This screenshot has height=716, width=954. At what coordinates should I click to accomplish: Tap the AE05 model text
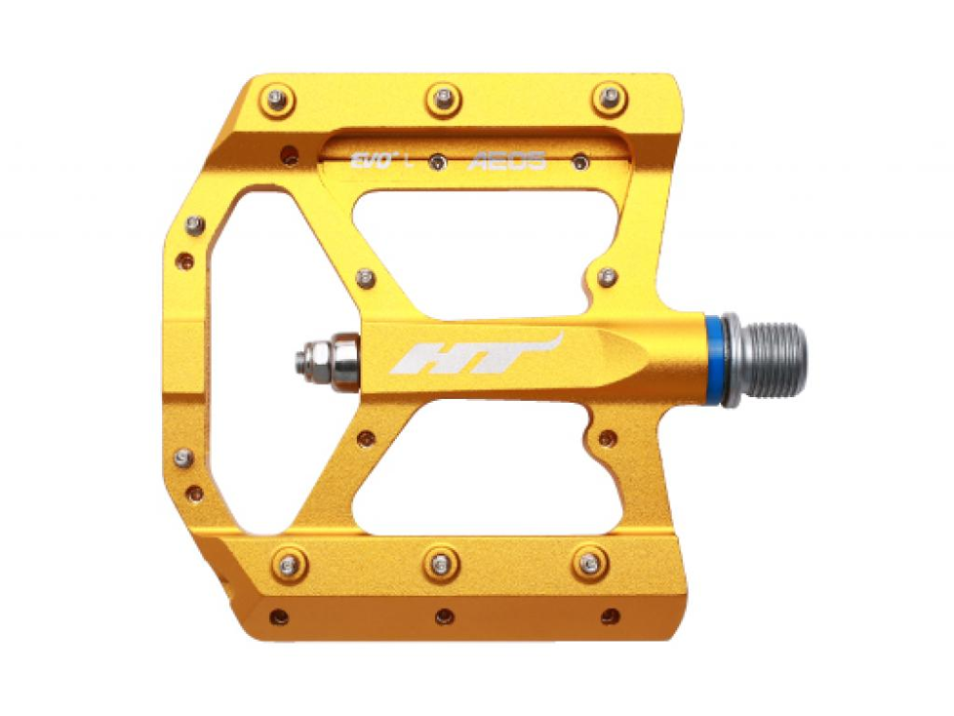507,161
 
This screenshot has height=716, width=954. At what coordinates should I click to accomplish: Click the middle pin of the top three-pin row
444,97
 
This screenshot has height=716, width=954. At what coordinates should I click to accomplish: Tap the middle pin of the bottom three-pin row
441,563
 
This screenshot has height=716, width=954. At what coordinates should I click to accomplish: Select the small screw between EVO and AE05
436,162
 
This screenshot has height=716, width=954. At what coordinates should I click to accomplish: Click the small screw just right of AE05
580,162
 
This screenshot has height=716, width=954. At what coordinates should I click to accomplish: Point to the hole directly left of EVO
289,154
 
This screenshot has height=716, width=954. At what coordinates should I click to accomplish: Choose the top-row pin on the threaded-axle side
609,96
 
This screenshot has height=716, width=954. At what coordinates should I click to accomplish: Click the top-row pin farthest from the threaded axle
278,98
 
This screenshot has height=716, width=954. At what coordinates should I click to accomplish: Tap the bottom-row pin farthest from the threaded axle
287,564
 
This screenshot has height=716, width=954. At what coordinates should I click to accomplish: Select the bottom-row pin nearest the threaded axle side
591,562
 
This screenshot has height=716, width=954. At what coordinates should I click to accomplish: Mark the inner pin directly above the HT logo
364,278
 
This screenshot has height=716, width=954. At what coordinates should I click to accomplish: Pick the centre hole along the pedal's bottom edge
443,616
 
